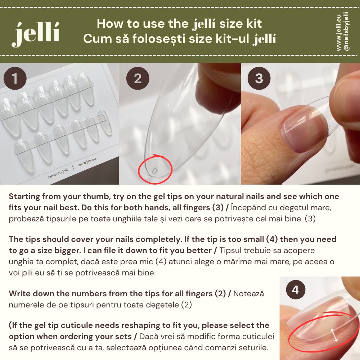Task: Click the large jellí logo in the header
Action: point(36,35)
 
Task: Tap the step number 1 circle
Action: point(15,78)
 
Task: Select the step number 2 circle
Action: point(138,78)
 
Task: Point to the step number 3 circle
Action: point(259,78)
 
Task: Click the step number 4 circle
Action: point(296,289)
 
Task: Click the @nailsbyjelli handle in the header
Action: point(346,31)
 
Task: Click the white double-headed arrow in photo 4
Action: point(334,335)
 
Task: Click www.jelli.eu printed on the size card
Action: point(87,162)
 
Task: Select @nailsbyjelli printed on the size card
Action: point(58,174)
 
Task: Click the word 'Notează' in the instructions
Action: point(249,294)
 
